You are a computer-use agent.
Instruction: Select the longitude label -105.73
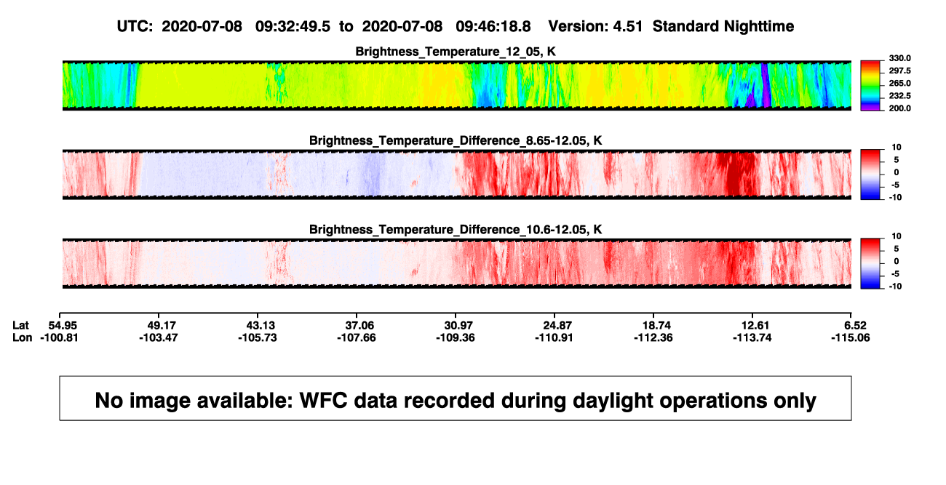coord(258,337)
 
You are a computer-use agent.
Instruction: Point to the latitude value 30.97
coord(458,326)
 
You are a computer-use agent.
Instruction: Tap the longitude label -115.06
coord(851,337)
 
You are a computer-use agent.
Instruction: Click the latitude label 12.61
coord(755,326)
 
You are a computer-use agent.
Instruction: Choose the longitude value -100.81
coord(59,337)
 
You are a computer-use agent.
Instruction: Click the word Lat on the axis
coord(20,326)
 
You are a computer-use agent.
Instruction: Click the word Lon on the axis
coord(23,337)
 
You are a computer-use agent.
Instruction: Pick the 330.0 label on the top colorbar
coord(900,58)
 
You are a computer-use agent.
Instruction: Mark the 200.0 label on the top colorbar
coord(900,108)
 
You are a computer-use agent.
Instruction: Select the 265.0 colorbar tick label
coord(900,83)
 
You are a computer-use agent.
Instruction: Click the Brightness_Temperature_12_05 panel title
coord(456,52)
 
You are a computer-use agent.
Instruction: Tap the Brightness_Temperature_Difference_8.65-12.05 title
coord(456,140)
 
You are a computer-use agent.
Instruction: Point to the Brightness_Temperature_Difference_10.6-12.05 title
coord(456,230)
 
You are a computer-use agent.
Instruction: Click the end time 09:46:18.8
coord(493,26)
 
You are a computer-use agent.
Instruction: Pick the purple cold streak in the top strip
coord(766,84)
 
